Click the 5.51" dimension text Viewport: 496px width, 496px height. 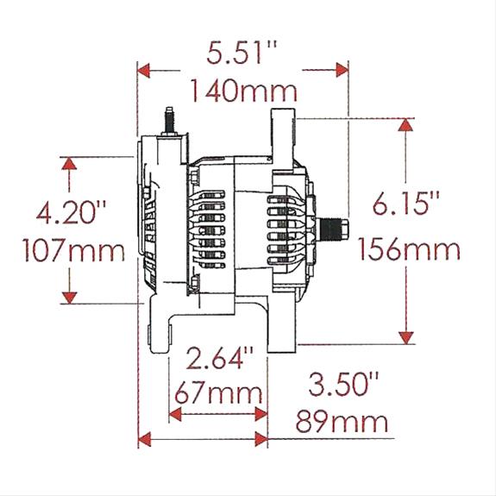point(243,53)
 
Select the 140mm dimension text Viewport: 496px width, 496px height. point(243,89)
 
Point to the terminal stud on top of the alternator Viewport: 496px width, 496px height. point(169,121)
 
